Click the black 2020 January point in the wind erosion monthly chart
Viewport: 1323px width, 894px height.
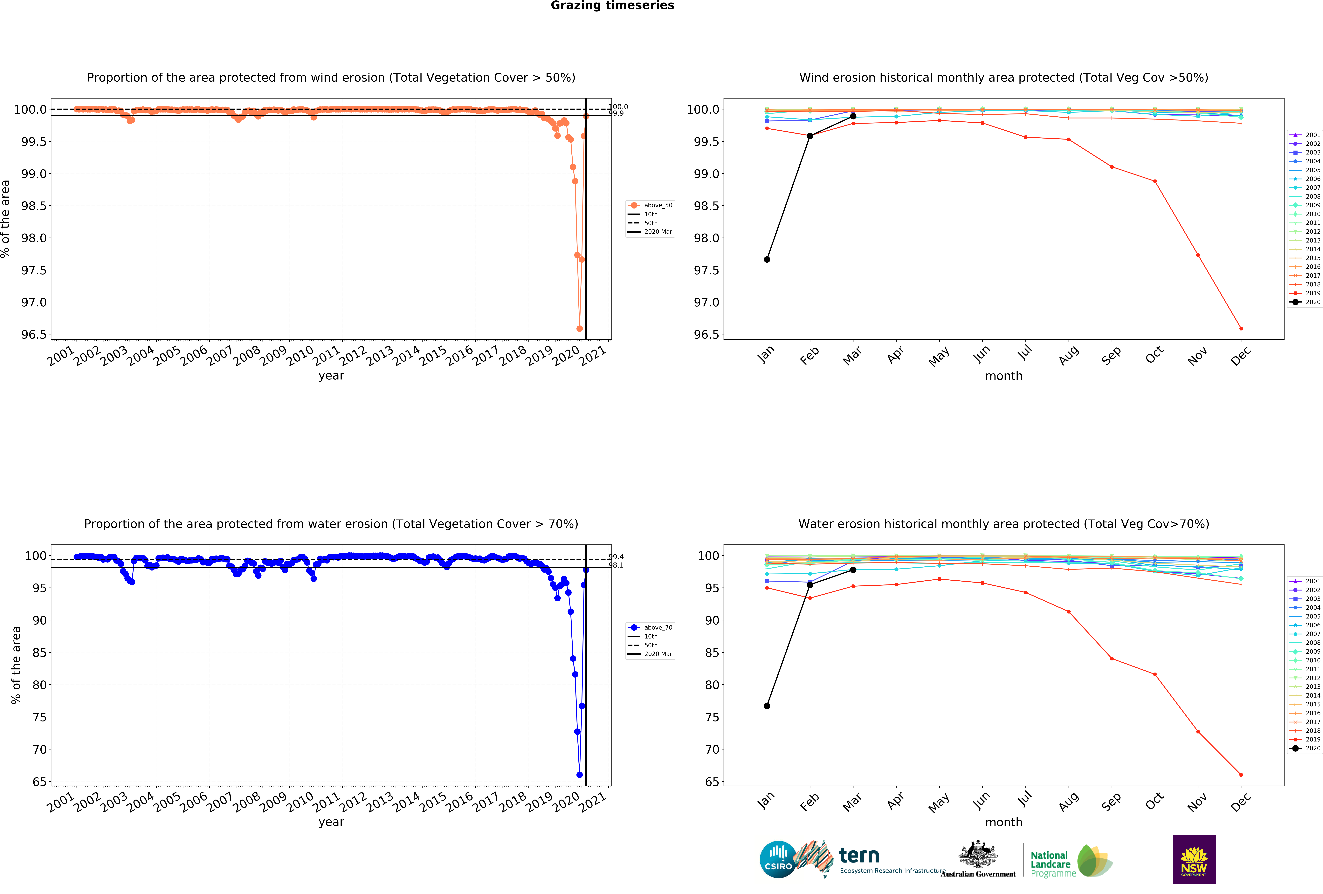[767, 259]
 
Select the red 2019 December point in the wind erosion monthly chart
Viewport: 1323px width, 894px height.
[1241, 328]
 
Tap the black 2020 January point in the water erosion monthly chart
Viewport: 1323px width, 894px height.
[767, 706]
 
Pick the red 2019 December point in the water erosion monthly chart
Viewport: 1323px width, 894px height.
[1241, 775]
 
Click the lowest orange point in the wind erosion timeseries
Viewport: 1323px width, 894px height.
[580, 328]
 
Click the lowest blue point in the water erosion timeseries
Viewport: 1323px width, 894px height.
[580, 775]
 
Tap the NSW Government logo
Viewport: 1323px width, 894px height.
[1194, 859]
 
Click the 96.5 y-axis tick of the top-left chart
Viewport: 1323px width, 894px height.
[34, 335]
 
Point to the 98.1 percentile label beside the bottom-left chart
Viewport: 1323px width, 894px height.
[616, 565]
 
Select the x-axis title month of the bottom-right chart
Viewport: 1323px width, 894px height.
[1004, 822]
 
